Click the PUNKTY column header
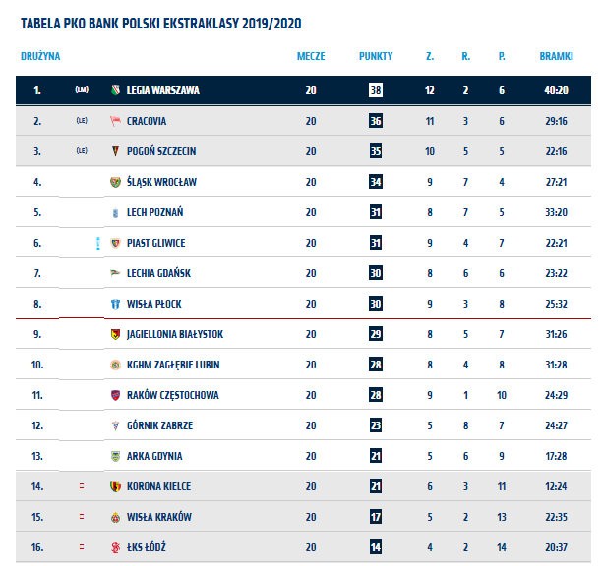[376, 56]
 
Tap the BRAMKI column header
[556, 56]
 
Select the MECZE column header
[311, 56]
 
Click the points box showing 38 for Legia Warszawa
[376, 90]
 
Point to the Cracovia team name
[147, 121]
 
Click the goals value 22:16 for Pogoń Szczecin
[556, 151]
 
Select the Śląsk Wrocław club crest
[115, 182]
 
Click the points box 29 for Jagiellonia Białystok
[376, 334]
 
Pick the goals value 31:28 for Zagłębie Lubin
[556, 365]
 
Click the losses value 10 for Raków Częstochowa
[502, 395]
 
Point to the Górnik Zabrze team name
[159, 425]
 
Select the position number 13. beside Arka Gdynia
[37, 456]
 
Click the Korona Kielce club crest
[115, 486]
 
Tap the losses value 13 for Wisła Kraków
[502, 517]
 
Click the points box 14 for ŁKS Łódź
[376, 547]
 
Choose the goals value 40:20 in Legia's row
[556, 90]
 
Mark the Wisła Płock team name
[154, 304]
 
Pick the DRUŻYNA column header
[40, 56]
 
